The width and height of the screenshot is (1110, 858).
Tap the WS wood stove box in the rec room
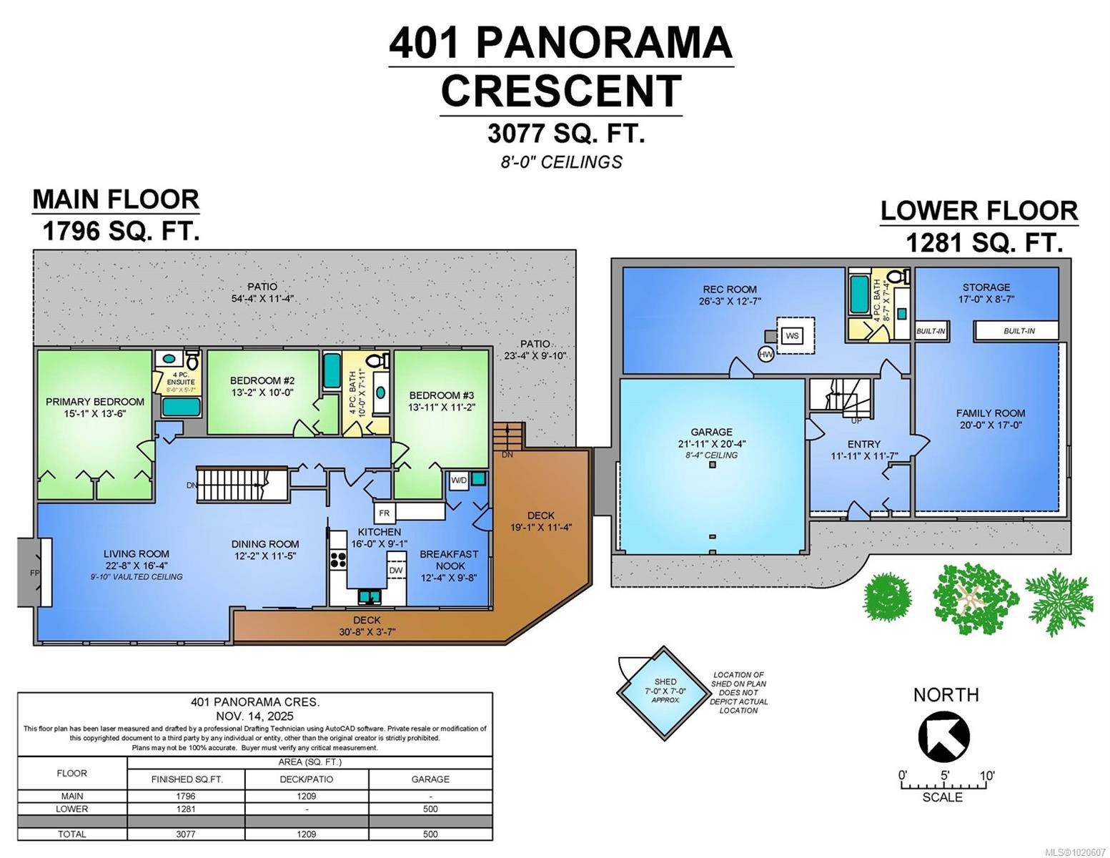(x=791, y=335)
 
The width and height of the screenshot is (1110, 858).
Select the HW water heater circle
(x=766, y=354)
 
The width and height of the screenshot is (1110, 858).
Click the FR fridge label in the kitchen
(x=384, y=513)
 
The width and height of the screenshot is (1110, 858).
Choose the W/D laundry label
(x=458, y=480)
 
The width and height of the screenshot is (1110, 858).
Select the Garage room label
(x=711, y=432)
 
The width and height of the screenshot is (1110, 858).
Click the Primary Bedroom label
(x=95, y=402)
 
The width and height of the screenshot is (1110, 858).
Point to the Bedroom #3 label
(x=441, y=395)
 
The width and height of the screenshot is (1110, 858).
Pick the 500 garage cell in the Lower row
(x=430, y=809)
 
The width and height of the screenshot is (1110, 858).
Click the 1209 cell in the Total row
(x=307, y=834)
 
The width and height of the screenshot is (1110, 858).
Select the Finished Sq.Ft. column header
(x=187, y=779)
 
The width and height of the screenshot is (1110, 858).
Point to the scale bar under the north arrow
(x=944, y=786)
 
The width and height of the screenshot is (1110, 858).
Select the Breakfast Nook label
(x=449, y=560)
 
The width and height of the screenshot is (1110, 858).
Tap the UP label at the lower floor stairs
(x=856, y=420)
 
